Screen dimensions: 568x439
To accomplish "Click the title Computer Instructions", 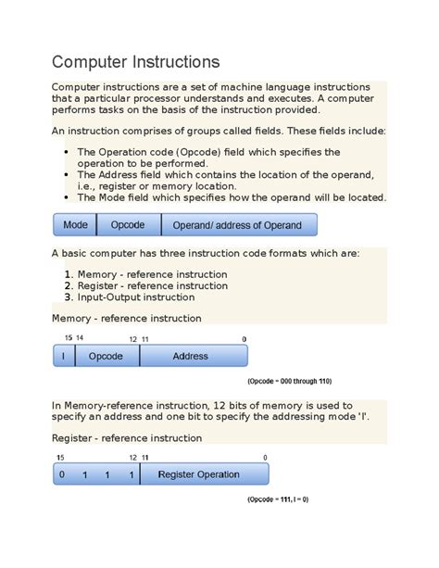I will point(135,62).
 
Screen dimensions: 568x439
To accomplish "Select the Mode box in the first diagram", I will point(75,225).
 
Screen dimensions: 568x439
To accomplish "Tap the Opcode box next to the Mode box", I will point(128,225).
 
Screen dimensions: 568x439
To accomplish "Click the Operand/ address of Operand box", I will point(238,225).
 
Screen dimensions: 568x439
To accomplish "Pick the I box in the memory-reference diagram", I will point(63,356).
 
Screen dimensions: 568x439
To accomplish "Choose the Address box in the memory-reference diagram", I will point(190,356).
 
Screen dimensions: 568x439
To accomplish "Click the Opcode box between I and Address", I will point(106,356).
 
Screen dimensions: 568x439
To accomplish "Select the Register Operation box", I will point(198,474).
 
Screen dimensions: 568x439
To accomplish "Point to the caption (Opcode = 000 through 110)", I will point(289,381).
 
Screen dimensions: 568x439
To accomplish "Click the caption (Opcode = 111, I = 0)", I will point(277,499).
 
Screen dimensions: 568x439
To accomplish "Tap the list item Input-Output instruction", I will point(135,297).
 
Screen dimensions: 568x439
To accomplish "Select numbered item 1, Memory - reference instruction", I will point(152,274).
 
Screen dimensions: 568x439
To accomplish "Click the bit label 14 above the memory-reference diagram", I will point(80,339).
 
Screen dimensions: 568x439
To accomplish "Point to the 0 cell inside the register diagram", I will point(61,474).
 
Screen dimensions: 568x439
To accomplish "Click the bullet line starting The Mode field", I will point(232,197).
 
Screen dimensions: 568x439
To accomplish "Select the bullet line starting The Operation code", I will point(208,152).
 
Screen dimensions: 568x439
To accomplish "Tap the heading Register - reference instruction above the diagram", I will point(126,437).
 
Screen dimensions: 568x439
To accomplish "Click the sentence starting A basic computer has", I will point(205,253).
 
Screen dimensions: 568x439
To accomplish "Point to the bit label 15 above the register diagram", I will point(60,458).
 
